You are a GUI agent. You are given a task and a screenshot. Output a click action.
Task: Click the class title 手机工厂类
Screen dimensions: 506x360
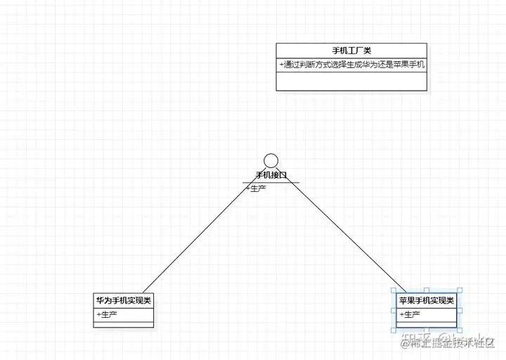coord(351,51)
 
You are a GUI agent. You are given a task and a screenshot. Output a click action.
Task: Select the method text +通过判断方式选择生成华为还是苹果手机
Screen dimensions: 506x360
coord(351,64)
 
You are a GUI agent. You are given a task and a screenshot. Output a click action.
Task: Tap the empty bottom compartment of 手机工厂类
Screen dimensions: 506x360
coord(351,81)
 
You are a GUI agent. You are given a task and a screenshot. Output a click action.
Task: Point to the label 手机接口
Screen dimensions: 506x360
coord(271,175)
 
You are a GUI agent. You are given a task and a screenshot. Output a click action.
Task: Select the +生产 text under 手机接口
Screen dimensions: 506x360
coord(255,188)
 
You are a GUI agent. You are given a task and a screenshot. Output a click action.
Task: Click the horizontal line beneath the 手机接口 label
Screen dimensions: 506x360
coord(271,182)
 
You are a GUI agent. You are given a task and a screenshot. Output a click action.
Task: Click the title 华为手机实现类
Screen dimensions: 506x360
coord(124,300)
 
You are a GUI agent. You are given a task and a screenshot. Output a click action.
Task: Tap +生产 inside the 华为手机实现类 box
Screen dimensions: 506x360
coord(107,314)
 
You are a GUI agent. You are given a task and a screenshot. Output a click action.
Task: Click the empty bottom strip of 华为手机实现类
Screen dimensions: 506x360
coord(124,324)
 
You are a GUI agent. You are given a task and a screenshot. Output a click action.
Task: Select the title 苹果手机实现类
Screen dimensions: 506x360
coord(427,300)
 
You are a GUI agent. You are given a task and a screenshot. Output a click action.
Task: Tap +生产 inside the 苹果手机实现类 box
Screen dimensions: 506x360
coord(410,314)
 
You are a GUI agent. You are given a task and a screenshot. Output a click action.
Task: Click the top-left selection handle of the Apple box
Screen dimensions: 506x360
coord(393,290)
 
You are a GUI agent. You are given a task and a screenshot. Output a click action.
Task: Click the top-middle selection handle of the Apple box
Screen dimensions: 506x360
coord(427,290)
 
